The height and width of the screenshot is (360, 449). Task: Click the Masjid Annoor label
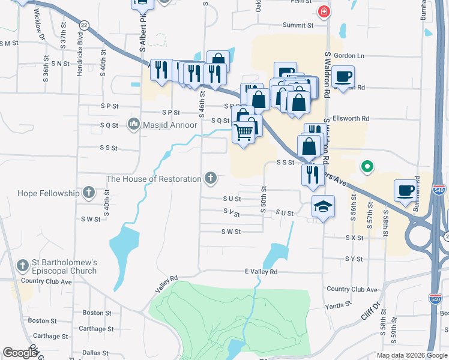(x=170, y=125)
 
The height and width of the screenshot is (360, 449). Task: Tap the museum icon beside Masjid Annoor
(x=133, y=125)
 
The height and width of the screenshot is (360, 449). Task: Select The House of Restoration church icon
(x=210, y=178)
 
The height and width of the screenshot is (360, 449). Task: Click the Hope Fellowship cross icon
(x=89, y=193)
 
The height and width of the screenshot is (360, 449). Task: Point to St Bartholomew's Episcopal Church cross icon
(x=23, y=265)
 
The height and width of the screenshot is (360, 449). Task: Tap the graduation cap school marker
(x=323, y=207)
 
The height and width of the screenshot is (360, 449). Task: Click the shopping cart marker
(x=243, y=131)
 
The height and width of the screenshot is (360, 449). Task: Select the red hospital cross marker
(x=324, y=11)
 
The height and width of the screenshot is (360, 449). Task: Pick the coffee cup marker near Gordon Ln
(x=343, y=76)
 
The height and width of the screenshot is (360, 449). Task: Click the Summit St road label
(x=299, y=26)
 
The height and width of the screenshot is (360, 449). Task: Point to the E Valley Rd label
(x=261, y=272)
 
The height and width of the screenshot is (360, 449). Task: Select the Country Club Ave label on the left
(x=46, y=281)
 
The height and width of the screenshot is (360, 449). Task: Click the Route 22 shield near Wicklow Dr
(x=84, y=25)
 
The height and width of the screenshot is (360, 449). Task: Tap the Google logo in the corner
(x=20, y=352)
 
